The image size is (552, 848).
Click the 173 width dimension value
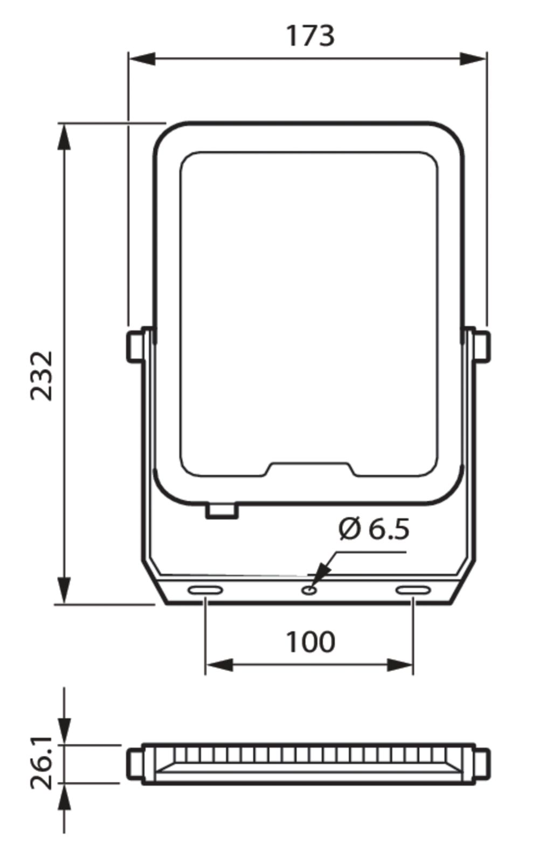(x=310, y=36)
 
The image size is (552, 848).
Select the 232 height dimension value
(x=42, y=376)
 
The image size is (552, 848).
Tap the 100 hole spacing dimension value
(x=310, y=642)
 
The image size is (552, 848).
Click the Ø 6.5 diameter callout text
(x=374, y=529)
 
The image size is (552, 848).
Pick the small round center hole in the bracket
(x=309, y=590)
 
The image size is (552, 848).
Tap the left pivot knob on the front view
(x=134, y=346)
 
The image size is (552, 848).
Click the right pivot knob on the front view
(x=482, y=346)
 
